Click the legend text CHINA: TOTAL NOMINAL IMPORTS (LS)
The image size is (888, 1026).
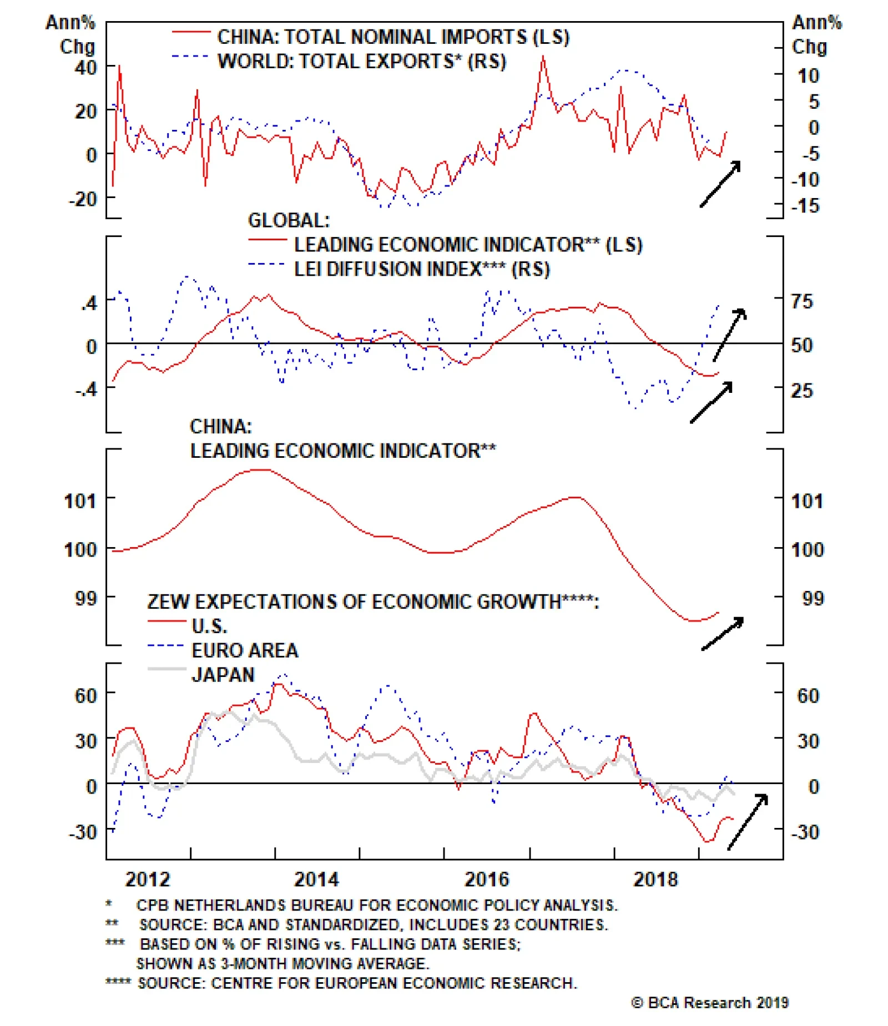(x=393, y=37)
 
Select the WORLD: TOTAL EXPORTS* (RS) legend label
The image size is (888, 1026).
(x=362, y=61)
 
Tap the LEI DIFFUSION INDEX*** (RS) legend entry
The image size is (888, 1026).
(x=422, y=269)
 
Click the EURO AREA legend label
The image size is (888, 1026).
(x=245, y=650)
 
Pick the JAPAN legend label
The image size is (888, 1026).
(x=223, y=675)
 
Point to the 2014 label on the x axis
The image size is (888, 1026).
(x=316, y=879)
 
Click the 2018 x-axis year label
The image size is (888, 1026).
(x=655, y=879)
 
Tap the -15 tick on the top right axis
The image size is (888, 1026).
(x=805, y=206)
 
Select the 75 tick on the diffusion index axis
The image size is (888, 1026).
(x=802, y=301)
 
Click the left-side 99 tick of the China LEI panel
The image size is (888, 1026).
(x=86, y=598)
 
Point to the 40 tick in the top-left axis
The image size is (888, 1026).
(x=86, y=68)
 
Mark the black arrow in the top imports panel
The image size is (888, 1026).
(x=720, y=184)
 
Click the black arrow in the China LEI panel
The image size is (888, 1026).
(x=723, y=633)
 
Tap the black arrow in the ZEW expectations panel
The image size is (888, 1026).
(x=748, y=821)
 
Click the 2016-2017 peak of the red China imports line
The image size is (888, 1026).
(x=543, y=57)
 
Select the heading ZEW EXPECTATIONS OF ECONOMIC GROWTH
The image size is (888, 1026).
(x=373, y=602)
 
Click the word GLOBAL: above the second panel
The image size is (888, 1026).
(x=289, y=220)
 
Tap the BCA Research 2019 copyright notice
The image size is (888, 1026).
(x=710, y=1003)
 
